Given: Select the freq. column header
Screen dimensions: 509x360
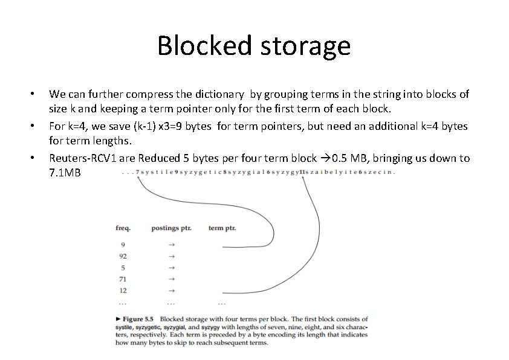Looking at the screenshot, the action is click(x=123, y=228).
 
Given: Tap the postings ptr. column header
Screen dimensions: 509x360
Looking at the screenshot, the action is click(x=171, y=228).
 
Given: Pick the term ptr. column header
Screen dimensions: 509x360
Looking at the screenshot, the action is click(x=222, y=228).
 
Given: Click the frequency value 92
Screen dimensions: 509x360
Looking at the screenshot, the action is click(x=123, y=256).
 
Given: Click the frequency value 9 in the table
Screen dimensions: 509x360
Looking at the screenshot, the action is click(x=123, y=245).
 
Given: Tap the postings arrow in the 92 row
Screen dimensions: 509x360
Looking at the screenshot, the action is click(x=171, y=256).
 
